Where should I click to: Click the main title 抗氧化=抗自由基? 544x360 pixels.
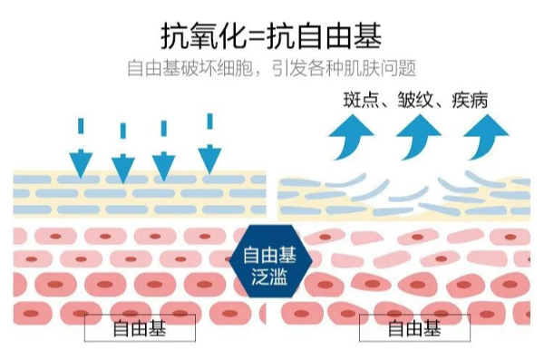[x=271, y=36]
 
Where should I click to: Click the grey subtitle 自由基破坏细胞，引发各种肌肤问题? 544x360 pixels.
[x=272, y=68]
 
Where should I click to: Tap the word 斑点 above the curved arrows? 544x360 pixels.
[x=361, y=100]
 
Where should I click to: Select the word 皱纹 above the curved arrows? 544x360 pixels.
[x=415, y=100]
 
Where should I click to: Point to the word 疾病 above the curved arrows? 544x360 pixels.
[x=470, y=100]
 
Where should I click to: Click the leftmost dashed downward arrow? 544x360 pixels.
[x=81, y=149]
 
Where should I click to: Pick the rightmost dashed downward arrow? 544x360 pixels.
[x=209, y=143]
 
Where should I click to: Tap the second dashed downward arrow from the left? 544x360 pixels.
[x=122, y=153]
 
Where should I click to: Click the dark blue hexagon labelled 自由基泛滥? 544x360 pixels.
[x=270, y=261]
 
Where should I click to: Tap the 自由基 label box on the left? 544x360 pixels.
[x=140, y=327]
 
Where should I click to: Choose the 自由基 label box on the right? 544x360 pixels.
[x=414, y=327]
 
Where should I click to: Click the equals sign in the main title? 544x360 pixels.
[x=257, y=37]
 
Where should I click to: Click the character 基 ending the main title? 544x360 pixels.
[x=368, y=36]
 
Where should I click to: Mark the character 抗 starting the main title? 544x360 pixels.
[x=175, y=36]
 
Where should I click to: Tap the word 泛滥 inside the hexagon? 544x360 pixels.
[x=269, y=277]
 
